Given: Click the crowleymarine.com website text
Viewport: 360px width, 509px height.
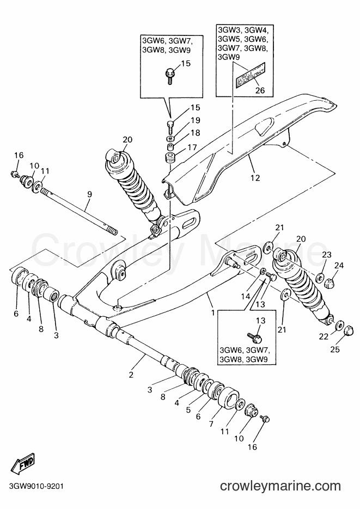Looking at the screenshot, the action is (280, 486).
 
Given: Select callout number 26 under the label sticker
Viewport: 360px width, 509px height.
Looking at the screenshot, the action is (260, 90).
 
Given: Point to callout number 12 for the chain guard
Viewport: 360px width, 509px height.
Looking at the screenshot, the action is (255, 177).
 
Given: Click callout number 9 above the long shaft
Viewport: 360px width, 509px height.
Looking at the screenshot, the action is (90, 194).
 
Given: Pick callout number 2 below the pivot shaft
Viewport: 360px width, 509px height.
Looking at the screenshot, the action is (131, 375).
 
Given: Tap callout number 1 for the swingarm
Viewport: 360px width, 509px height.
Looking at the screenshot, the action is (213, 312).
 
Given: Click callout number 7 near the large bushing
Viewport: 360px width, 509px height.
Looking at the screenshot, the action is (211, 424).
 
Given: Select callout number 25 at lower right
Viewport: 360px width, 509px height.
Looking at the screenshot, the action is (335, 349).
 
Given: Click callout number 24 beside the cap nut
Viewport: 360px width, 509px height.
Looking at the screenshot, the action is (339, 266).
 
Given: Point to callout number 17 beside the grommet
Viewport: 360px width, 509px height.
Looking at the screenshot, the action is (192, 148).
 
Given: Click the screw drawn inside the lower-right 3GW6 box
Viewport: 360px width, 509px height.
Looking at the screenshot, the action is (254, 338).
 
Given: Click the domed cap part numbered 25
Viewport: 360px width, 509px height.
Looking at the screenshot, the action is (347, 330).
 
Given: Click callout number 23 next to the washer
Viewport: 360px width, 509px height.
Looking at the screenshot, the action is (327, 255).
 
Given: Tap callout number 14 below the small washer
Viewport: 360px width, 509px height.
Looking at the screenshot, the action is (246, 296).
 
